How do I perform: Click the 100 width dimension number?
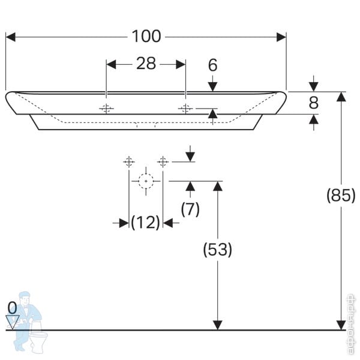146,37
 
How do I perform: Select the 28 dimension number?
146,64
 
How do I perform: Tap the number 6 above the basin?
212,65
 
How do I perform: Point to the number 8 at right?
313,103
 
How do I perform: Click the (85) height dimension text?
341,195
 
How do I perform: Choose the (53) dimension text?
218,249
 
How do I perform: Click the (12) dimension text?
146,223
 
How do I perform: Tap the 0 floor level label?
12,307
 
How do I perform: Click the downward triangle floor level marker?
13,320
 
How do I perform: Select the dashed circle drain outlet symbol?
146,180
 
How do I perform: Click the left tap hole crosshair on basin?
106,109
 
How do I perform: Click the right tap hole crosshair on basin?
185,109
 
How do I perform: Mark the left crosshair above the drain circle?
129,161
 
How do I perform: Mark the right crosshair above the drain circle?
163,161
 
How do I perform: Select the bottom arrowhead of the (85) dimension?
341,325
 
